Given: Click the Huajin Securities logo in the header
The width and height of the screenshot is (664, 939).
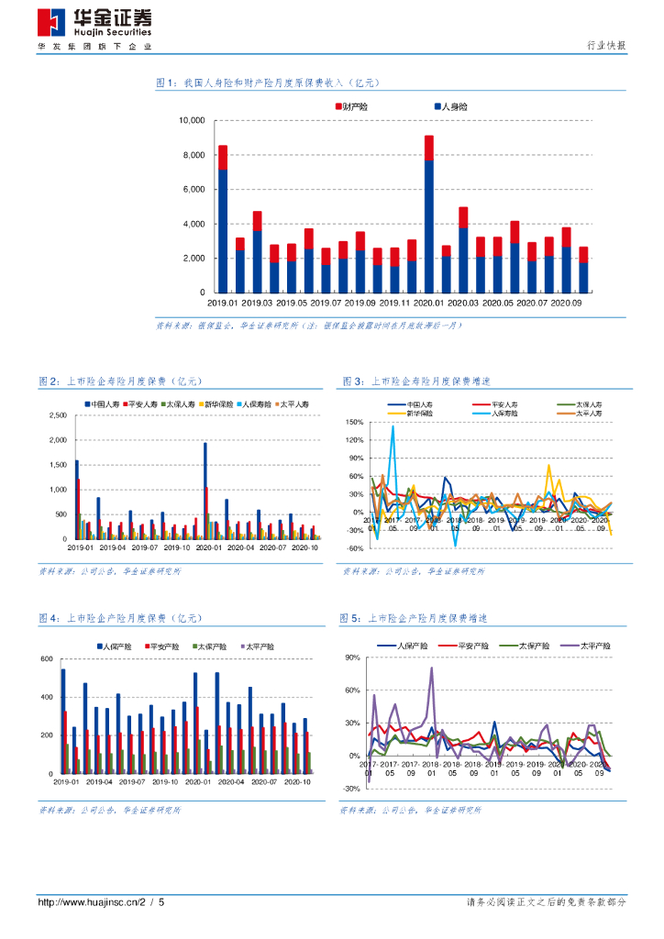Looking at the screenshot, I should [94, 22].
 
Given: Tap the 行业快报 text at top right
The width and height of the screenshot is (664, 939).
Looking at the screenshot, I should [606, 46].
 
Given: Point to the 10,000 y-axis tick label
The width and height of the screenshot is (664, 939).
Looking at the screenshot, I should [191, 120].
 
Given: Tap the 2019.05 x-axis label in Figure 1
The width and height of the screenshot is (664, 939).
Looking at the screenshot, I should [292, 302].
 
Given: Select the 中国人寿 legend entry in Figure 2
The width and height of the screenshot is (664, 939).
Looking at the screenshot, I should [105, 403].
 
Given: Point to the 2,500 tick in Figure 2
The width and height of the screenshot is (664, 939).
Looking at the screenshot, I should [55, 415].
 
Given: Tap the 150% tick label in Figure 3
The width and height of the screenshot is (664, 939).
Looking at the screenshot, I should [356, 423].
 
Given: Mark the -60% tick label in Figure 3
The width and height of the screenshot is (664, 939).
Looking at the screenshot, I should [356, 548].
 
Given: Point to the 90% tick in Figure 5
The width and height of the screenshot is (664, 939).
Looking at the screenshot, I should [351, 658].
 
